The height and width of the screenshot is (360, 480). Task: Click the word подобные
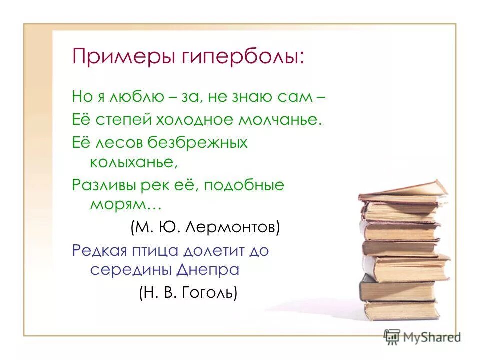coord(242,186)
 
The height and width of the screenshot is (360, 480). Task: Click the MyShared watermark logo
coord(423,337)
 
